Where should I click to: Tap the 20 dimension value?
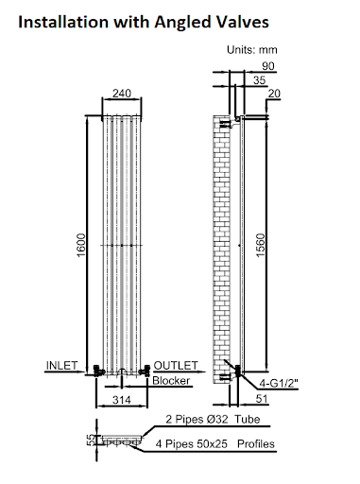[x=274, y=93]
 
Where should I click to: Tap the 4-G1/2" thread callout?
[x=283, y=382]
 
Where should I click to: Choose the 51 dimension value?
[x=263, y=401]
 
